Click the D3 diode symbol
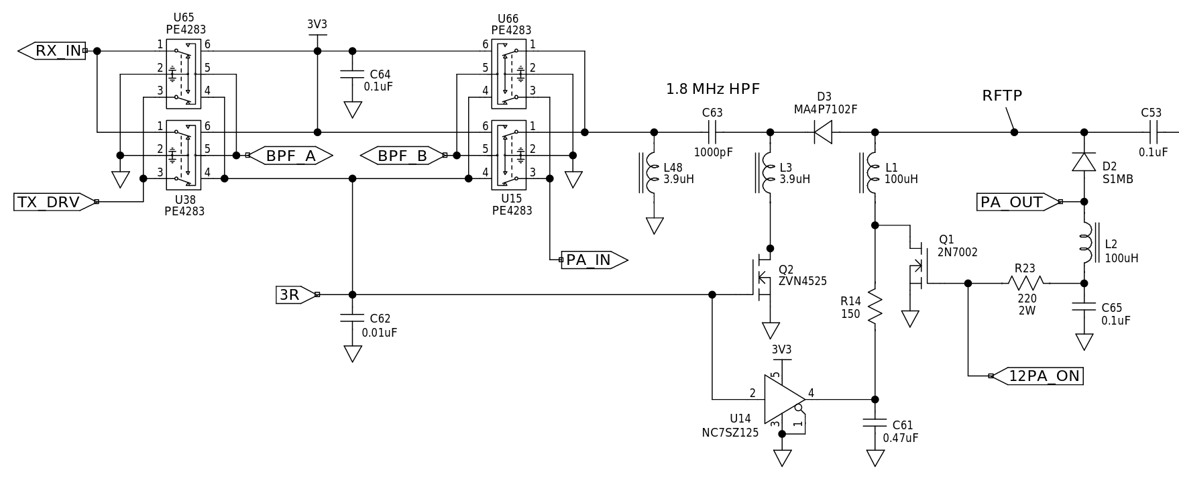(x=823, y=132)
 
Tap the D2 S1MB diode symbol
(x=1084, y=162)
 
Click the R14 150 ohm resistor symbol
(x=875, y=308)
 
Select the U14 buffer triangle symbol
(x=783, y=399)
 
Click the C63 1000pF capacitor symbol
(x=712, y=132)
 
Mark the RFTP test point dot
(x=1014, y=132)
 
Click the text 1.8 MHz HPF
(x=713, y=89)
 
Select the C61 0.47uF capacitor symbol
(x=875, y=424)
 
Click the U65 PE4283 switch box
(x=184, y=73)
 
